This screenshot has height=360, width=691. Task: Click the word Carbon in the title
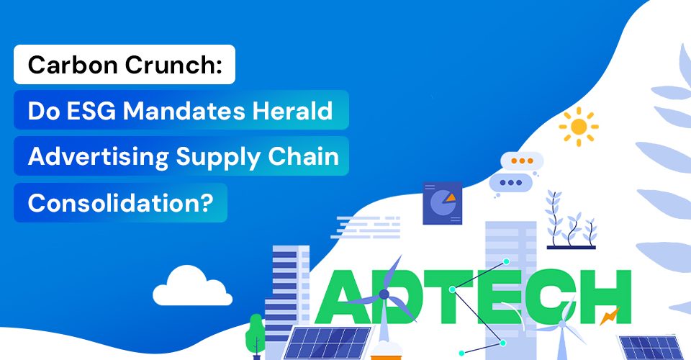click(x=73, y=65)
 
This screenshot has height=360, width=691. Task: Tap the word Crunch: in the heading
click(x=173, y=65)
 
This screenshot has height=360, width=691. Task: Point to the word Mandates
click(x=184, y=111)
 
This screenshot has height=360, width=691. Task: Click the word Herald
click(x=292, y=111)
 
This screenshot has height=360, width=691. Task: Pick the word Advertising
click(x=99, y=157)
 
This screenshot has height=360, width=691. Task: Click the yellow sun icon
click(x=579, y=127)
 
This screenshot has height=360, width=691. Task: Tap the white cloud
click(x=193, y=286)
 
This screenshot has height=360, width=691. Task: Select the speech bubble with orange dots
click(x=522, y=161)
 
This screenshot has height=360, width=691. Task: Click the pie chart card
click(x=443, y=203)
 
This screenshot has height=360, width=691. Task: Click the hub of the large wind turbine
click(x=384, y=294)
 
